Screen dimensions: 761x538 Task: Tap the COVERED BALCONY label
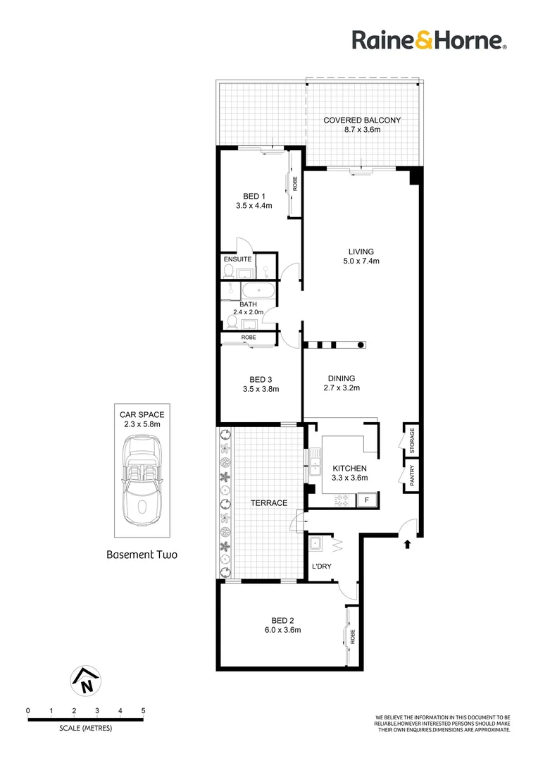362,120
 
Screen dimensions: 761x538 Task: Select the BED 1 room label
254,196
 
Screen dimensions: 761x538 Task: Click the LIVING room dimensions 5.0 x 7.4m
361,261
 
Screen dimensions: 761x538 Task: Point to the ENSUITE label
237,259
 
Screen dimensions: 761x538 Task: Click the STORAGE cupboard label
413,441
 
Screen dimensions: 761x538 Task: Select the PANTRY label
413,474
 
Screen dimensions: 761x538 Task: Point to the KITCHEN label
350,468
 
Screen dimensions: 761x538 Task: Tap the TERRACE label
270,503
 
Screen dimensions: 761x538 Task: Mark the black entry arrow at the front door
406,543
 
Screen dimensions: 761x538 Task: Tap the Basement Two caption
142,555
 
